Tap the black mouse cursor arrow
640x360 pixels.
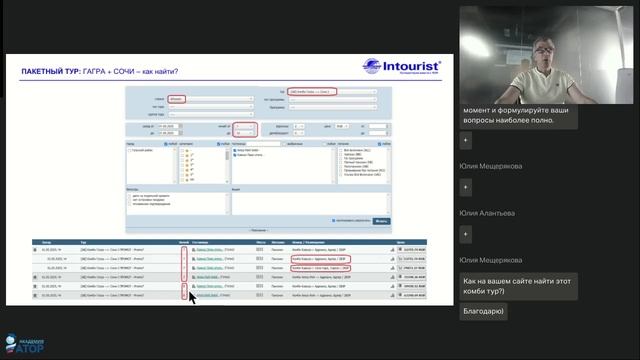point(191,297)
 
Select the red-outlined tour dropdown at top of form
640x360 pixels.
point(310,92)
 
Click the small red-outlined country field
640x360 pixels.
point(176,100)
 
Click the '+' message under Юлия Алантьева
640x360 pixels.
point(466,233)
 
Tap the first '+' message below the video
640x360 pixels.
point(466,141)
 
